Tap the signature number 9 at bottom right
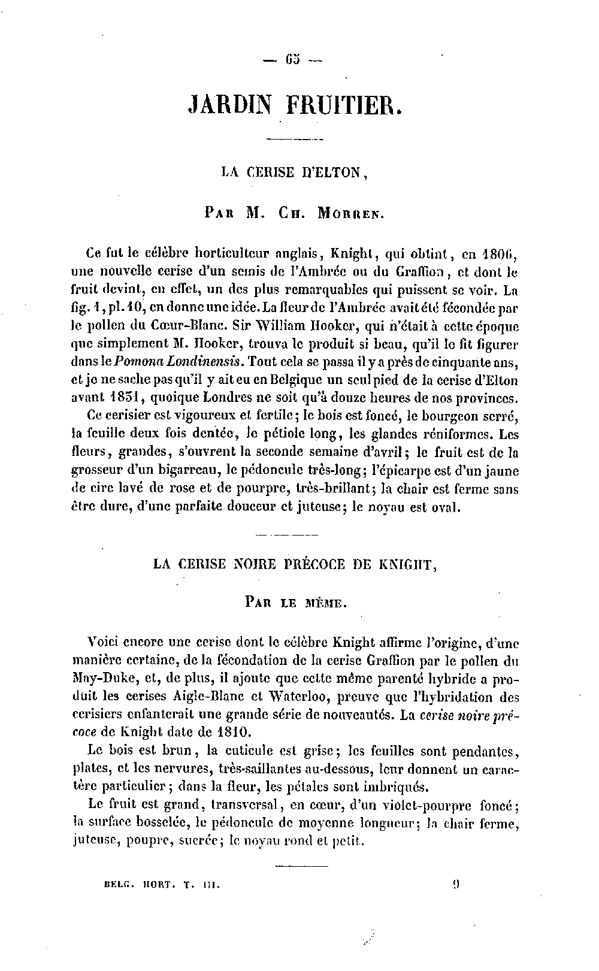tap(457, 882)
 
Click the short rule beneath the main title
tap(294, 140)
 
